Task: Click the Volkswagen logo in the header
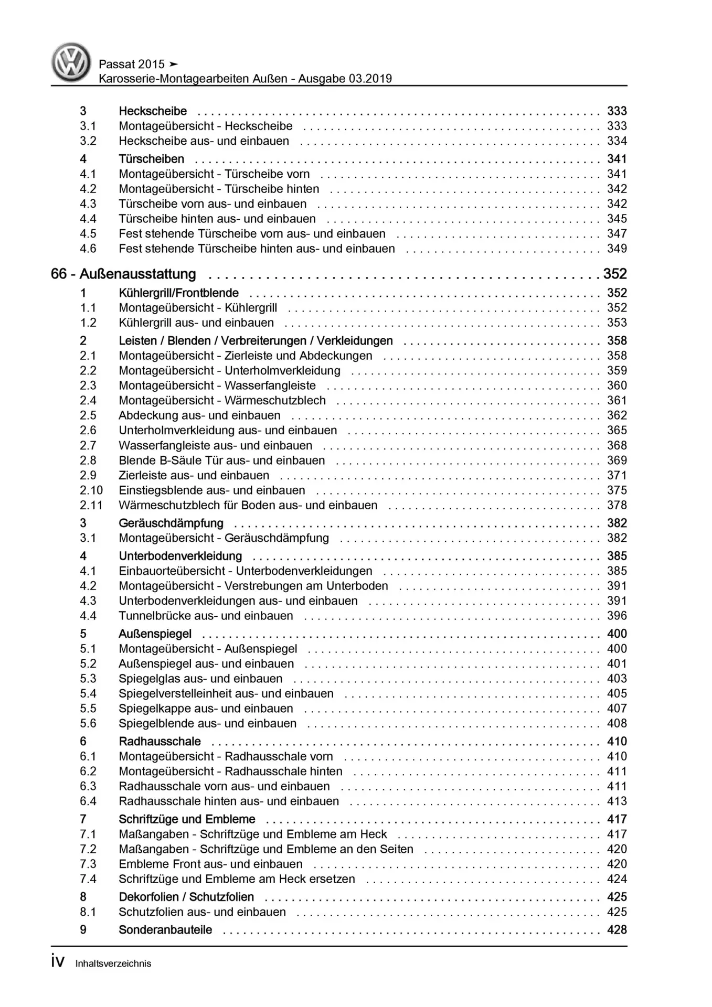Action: click(x=71, y=62)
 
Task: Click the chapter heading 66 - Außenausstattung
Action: click(x=123, y=274)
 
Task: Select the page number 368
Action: click(x=617, y=445)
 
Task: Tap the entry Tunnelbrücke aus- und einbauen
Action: click(x=206, y=616)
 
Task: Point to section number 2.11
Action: click(x=91, y=505)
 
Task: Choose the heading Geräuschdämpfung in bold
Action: click(x=171, y=523)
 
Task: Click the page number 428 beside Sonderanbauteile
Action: click(x=617, y=929)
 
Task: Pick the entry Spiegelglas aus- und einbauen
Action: click(x=200, y=678)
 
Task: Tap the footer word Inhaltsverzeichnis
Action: click(x=113, y=963)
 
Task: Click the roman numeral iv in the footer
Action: click(x=58, y=961)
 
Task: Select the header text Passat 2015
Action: click(x=132, y=64)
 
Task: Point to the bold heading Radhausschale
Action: click(x=160, y=741)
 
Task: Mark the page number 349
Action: click(x=617, y=249)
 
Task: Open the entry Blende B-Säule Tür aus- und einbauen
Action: click(x=221, y=460)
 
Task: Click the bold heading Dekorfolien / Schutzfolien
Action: click(x=186, y=897)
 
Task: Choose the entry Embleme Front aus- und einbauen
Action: click(x=210, y=864)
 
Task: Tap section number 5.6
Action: click(x=88, y=723)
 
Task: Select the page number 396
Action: click(x=617, y=616)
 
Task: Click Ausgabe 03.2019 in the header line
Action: click(x=345, y=79)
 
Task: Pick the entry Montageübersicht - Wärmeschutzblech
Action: click(x=222, y=400)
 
